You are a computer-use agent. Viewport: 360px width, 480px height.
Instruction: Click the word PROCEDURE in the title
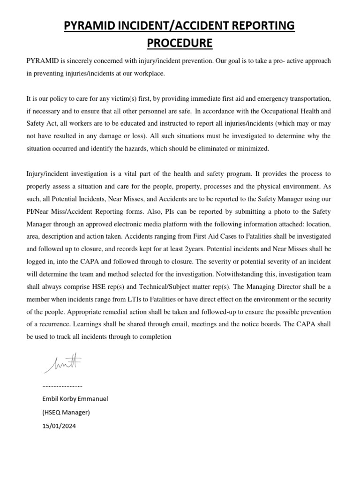point(180,44)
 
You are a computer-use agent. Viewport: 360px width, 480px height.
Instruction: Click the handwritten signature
point(64,363)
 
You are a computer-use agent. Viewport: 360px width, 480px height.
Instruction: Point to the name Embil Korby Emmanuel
point(75,399)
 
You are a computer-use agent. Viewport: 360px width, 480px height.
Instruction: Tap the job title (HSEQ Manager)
point(66,412)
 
